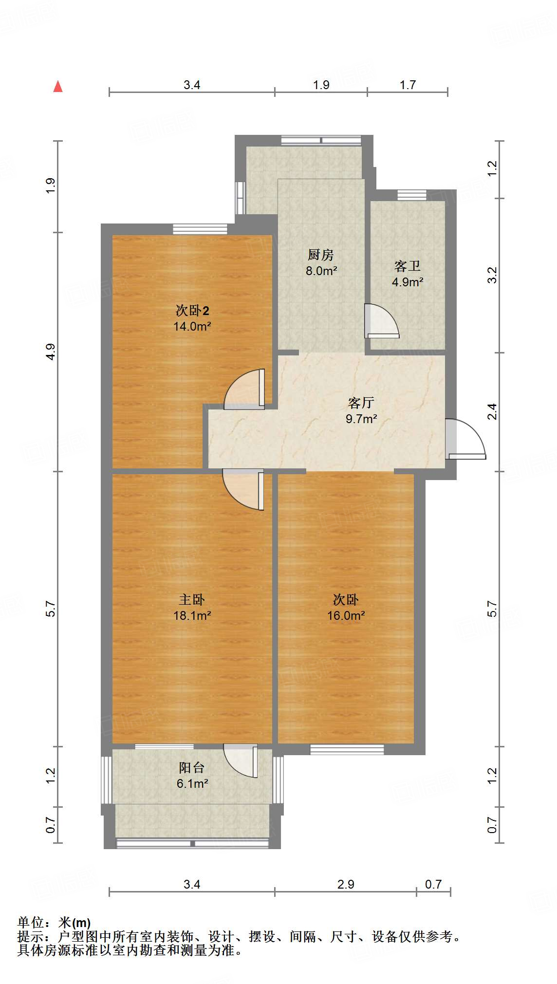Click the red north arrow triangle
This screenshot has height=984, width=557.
tap(58, 87)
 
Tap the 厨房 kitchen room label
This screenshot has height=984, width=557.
tap(320, 255)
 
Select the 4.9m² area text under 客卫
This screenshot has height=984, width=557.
tap(408, 282)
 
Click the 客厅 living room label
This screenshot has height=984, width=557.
tap(361, 403)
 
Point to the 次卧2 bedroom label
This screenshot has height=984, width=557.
tap(192, 310)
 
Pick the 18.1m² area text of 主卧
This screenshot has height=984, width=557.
tap(192, 615)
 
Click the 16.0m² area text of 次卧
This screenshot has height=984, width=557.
tap(346, 615)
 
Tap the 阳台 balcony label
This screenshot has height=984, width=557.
tap(191, 768)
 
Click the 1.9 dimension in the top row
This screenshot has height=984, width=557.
tap(321, 85)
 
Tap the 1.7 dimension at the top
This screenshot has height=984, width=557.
tap(408, 85)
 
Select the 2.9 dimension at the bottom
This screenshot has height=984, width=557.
tap(346, 884)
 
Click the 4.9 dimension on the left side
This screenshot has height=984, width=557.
tap(51, 352)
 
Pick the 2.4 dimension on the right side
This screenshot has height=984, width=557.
tap(492, 411)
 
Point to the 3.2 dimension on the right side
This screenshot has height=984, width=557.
tap(492, 275)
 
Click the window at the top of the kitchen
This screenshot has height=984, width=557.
tap(321, 140)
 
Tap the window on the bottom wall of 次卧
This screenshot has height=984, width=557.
tap(347, 749)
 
